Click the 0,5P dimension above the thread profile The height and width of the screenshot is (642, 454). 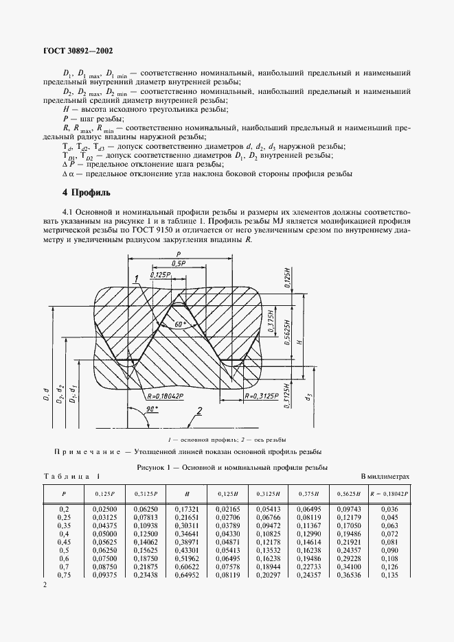(180, 263)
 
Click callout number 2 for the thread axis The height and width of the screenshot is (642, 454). (198, 412)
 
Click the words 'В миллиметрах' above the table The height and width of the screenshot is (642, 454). (385, 475)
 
